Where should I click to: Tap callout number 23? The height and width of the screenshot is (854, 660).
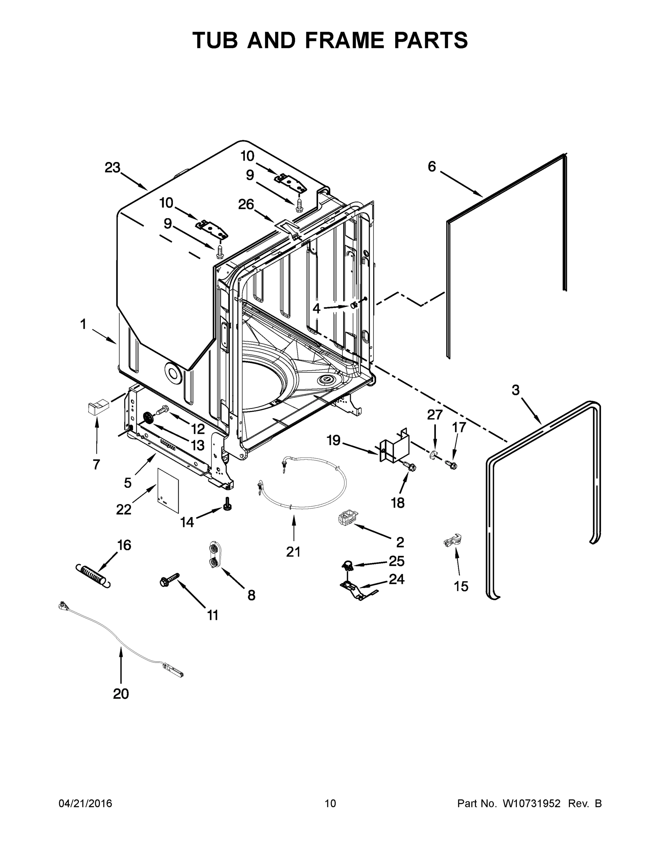[112, 168]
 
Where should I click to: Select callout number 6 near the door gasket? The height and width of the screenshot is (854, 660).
[432, 167]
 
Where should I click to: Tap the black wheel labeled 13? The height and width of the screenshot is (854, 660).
[148, 418]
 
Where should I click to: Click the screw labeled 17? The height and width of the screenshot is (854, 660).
[451, 464]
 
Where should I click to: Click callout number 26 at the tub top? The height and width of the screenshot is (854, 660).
[246, 204]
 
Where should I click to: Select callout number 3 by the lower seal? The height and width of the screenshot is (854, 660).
[516, 390]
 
